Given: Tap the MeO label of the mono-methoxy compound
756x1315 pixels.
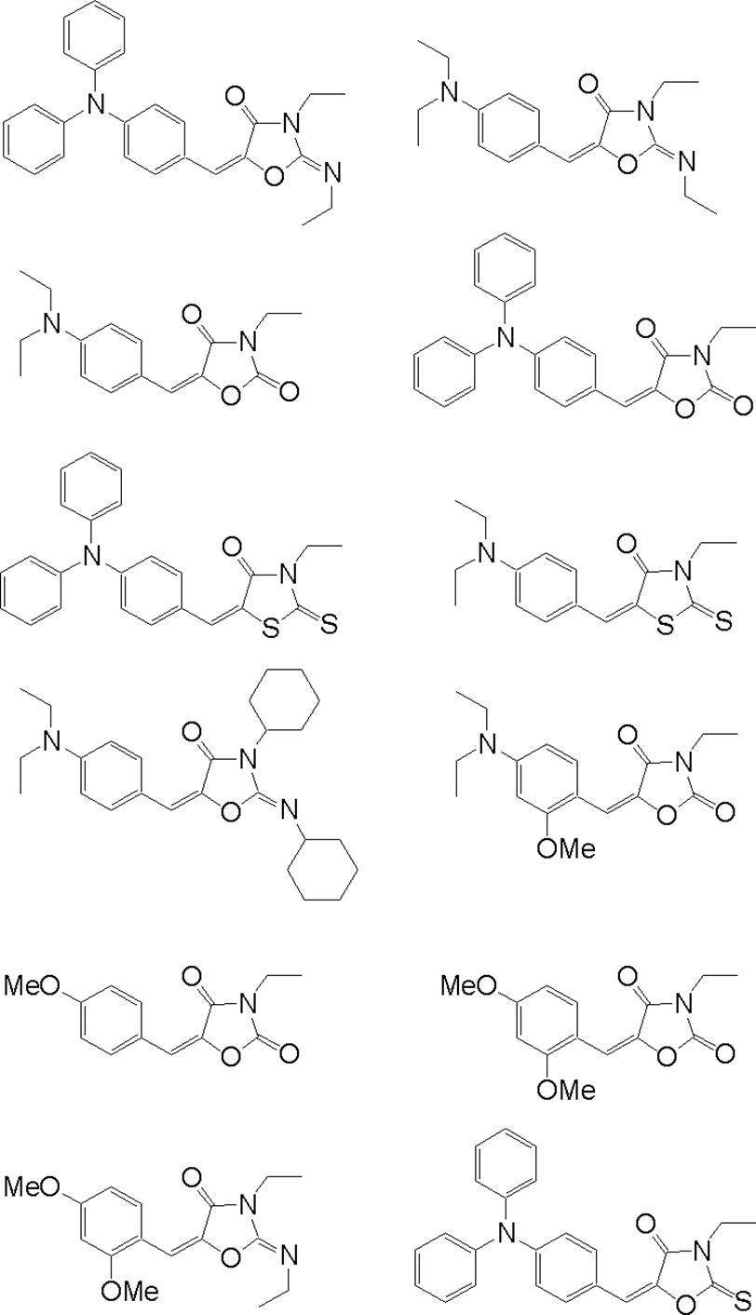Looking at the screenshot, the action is [x=34, y=985].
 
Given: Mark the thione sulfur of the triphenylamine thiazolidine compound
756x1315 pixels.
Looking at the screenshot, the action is [x=328, y=624].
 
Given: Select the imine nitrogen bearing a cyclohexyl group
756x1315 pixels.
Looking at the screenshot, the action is [x=289, y=814].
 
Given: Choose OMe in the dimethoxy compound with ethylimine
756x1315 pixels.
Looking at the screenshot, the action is [x=130, y=1291].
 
